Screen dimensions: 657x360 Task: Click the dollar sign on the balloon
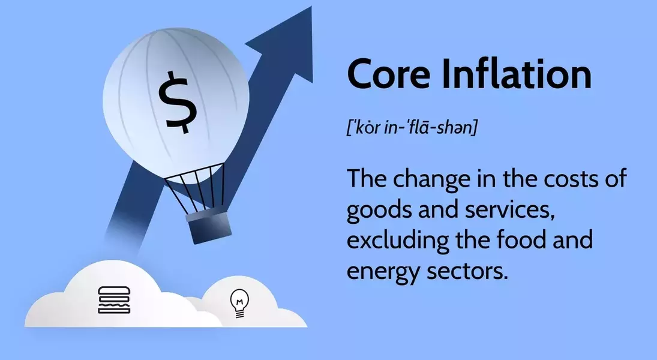click(178, 102)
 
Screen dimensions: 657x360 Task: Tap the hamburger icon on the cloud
click(114, 300)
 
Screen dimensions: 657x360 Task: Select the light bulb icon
click(239, 304)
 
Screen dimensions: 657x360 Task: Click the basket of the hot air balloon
click(209, 227)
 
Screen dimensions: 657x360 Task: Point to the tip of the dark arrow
click(312, 6)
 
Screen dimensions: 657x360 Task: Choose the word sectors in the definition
click(467, 272)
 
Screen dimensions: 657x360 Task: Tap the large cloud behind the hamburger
click(118, 298)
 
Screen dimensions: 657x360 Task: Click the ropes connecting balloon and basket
click(197, 188)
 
